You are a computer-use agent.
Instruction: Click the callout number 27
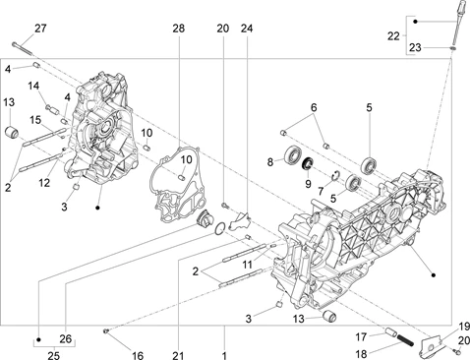[40, 29]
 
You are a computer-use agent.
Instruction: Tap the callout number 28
[179, 29]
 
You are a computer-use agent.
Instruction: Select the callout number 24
[247, 29]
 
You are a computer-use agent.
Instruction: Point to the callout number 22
[393, 36]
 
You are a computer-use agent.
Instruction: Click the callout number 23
[415, 48]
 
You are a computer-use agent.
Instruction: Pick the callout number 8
[270, 162]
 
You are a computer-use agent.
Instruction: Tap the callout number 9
[308, 184]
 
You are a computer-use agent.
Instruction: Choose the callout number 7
[321, 191]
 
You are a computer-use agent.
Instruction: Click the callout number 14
[33, 86]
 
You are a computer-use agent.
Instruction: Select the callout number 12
[44, 183]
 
